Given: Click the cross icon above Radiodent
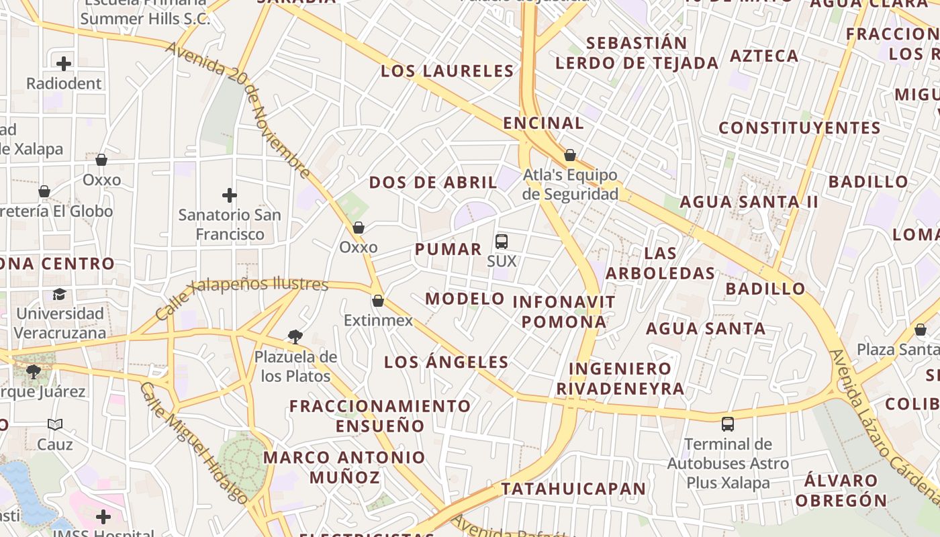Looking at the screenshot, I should [64, 64].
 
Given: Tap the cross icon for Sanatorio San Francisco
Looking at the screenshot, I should [230, 195].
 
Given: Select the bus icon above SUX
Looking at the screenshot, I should [502, 242].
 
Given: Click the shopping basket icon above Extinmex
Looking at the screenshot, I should [378, 301].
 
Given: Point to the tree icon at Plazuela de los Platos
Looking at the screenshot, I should [295, 336].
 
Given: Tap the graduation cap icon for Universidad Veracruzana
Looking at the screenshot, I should [60, 295].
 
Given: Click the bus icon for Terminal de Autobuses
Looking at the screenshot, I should [728, 424].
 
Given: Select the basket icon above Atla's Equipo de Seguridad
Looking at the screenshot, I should [570, 156].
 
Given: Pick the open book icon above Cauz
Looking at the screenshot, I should [55, 424].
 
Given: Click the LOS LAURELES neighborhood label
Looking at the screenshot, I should [447, 71].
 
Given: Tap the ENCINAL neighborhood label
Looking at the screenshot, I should [544, 124].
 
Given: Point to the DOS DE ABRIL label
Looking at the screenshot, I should [433, 183].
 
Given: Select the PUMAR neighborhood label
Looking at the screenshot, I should [449, 250].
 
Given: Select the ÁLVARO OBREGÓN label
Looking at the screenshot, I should [841, 491].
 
